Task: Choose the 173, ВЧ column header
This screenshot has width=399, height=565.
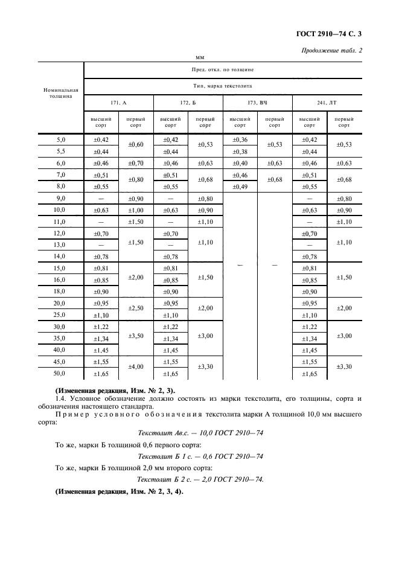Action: (257, 103)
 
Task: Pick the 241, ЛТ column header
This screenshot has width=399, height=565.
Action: (327, 103)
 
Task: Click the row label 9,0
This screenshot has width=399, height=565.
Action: (60, 198)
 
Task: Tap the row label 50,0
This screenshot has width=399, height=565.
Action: (60, 374)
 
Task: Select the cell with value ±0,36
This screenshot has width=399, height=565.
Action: (240, 139)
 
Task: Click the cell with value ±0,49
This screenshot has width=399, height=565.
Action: (240, 187)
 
